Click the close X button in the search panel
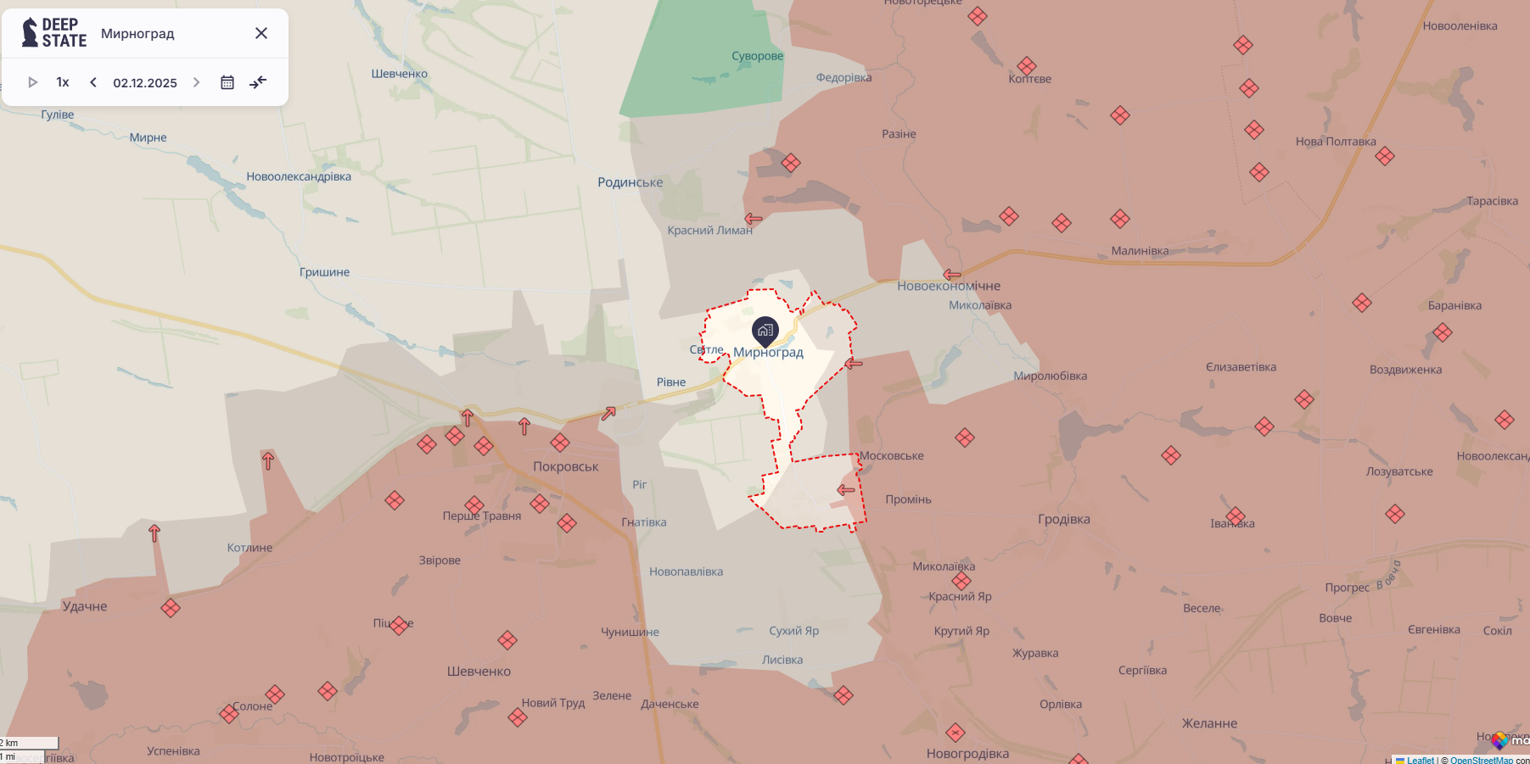261,33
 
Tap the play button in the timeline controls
33,82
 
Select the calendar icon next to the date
227,82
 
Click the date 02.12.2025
145,83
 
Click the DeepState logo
54,33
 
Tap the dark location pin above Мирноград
765,331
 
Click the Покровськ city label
565,466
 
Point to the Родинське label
630,182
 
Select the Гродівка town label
1063,519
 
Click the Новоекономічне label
949,287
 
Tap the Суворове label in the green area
757,56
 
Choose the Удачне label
85,606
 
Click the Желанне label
1209,723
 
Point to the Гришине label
324,272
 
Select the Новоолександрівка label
299,176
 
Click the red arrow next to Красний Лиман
753,219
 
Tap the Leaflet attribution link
1420,760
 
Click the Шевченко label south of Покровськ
479,672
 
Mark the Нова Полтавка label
1336,142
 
